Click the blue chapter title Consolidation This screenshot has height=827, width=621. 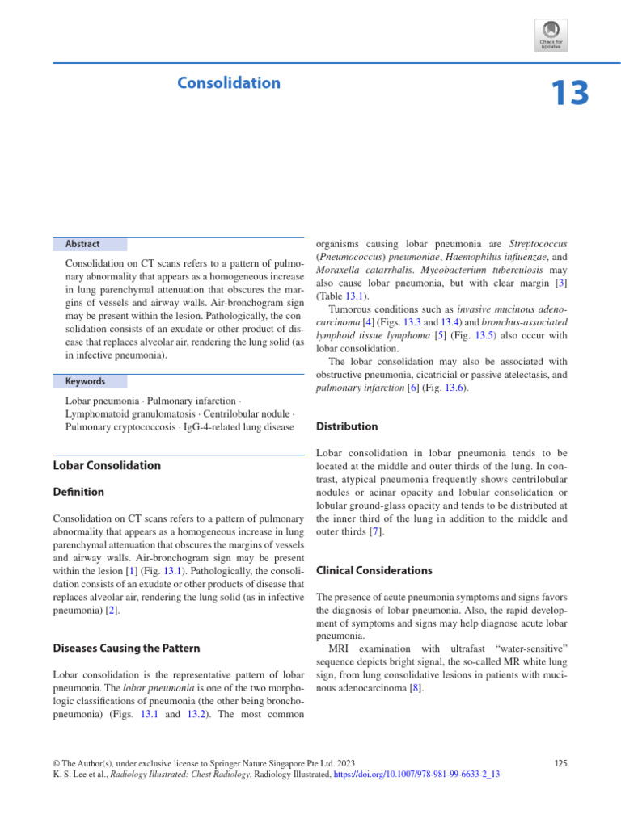(229, 83)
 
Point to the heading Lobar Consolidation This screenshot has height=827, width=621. (107, 465)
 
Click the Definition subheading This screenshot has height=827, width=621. (78, 492)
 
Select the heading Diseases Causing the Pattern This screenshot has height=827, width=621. (126, 648)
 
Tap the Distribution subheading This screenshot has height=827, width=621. (347, 426)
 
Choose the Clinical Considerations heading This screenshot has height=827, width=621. (374, 570)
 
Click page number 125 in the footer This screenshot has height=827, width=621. (559, 762)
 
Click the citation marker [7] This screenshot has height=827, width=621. (375, 532)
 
